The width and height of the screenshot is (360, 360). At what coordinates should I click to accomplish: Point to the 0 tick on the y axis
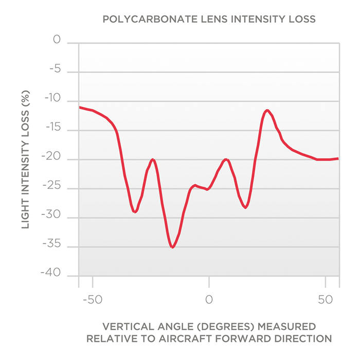pos(57,40)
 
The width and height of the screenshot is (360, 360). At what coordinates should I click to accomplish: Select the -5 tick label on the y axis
pos(55,69)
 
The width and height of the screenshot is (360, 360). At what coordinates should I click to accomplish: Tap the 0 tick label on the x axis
pos(209,299)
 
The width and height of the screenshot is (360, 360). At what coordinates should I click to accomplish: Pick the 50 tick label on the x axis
pos(325,299)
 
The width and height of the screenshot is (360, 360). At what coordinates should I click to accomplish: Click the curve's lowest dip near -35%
pos(172,247)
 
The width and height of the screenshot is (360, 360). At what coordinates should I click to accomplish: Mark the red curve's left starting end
pos(80,107)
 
